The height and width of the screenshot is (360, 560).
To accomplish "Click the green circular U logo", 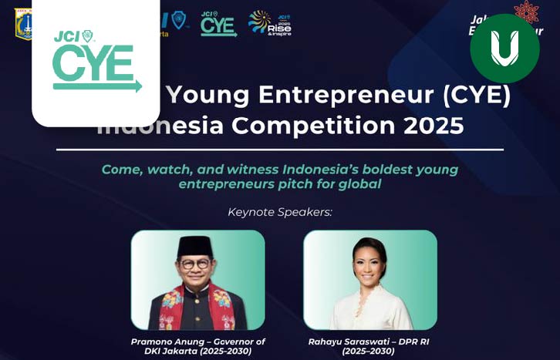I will click(504, 48).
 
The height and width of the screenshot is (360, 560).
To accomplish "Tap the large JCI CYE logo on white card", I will click(96, 61).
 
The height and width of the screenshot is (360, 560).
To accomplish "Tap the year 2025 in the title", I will click(435, 123).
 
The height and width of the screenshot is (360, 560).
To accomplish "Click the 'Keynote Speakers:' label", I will click(279, 211).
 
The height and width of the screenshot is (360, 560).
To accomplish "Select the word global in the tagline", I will click(359, 185).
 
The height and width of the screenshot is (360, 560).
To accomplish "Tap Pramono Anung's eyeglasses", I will click(194, 264).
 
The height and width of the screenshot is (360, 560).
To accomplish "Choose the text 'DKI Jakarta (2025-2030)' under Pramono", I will click(197, 352).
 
